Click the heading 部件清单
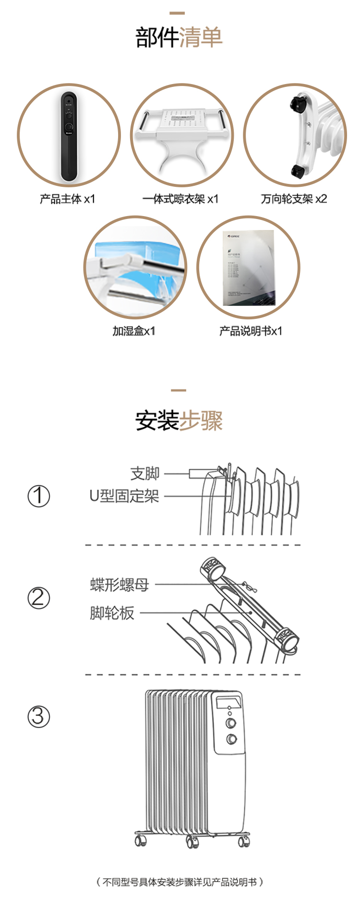coord(179,37)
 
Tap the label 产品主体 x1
coord(68,199)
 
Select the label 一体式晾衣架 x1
coord(180,199)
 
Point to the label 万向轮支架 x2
coord(294,199)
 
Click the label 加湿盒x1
coord(134,331)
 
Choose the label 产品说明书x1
coord(251,331)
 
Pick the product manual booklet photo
coord(249,268)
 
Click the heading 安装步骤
coord(179,421)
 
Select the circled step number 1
coord(38,496)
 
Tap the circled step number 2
coord(38,598)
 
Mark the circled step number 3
coord(38,716)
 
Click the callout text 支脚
coord(145,473)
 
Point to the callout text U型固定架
coord(124,496)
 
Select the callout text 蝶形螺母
coord(120,584)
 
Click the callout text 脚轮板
coord(112,613)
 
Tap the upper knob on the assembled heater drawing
coord(231,723)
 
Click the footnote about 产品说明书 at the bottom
coord(180,882)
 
